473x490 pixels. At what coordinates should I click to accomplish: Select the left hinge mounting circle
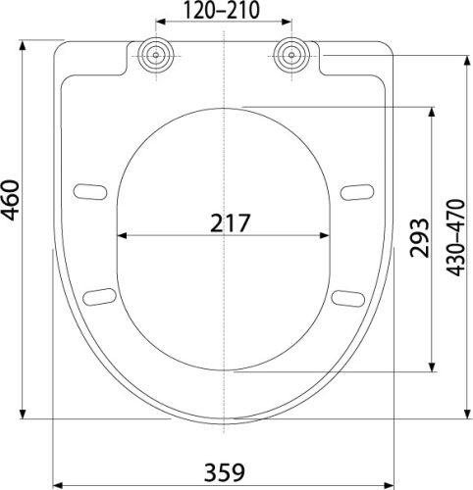pos(155,54)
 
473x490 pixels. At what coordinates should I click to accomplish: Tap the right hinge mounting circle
pos(290,54)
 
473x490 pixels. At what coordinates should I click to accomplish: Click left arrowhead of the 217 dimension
pos(122,236)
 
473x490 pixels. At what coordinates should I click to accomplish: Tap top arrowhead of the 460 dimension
pos(26,44)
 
